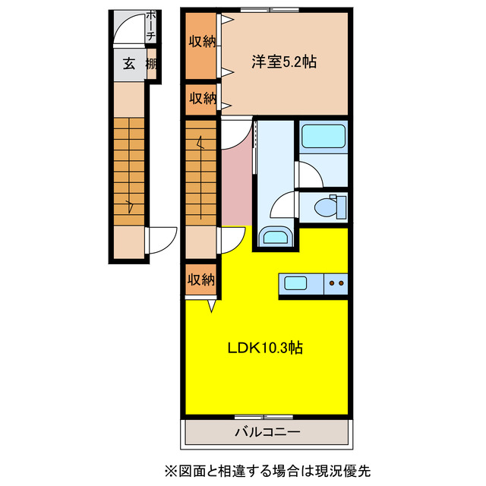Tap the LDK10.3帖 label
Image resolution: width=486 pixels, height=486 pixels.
266,348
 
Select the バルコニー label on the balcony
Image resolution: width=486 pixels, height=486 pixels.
266,432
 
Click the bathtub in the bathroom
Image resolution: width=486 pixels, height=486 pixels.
323,137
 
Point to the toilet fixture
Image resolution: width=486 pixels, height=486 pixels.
328,205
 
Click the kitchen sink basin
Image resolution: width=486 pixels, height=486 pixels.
295,284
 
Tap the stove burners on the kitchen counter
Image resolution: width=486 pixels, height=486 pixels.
336,285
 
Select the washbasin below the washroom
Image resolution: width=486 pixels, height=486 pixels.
273,237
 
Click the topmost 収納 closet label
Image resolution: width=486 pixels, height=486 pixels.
202,43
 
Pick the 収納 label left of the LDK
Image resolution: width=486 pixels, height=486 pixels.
201,279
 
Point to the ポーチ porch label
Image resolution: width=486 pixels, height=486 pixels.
150,27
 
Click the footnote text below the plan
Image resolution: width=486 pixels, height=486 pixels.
266,470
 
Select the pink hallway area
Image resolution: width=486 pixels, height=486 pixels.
235,182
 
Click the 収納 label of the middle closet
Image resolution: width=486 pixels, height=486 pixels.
202,98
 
